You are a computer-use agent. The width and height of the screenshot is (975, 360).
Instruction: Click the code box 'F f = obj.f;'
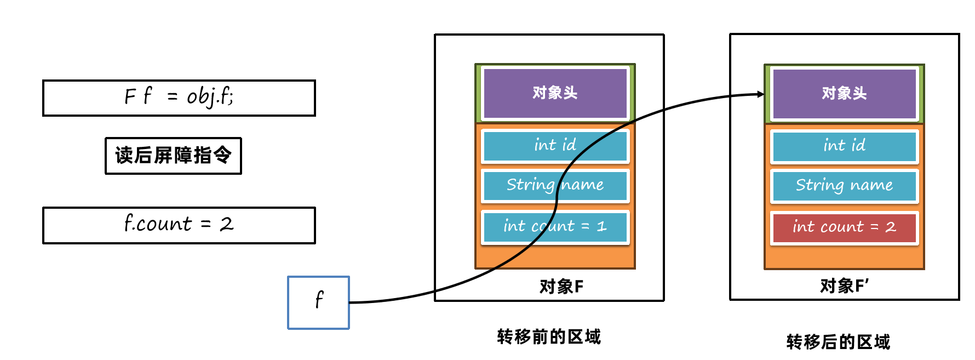click(x=179, y=98)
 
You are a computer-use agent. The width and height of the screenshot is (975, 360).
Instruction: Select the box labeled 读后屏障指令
click(x=173, y=156)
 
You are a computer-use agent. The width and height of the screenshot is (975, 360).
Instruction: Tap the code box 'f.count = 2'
click(x=179, y=225)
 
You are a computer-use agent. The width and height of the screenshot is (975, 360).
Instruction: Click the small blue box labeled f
click(x=318, y=302)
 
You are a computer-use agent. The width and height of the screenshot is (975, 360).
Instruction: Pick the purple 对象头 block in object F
click(x=555, y=93)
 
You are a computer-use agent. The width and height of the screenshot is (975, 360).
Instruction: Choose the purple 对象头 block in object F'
click(x=844, y=93)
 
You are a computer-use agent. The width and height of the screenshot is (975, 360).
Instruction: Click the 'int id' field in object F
click(x=555, y=145)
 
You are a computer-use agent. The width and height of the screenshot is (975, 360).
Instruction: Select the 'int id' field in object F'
click(x=844, y=146)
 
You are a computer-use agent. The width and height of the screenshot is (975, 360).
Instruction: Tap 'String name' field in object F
click(x=555, y=185)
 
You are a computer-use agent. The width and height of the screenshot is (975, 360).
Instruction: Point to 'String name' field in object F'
click(x=844, y=186)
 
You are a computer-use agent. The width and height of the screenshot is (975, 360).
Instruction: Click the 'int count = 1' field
click(x=555, y=226)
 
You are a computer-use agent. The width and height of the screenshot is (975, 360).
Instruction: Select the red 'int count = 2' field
click(x=844, y=227)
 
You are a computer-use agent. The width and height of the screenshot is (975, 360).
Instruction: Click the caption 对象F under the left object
click(x=561, y=286)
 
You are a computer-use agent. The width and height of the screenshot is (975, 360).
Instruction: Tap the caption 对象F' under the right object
click(x=844, y=285)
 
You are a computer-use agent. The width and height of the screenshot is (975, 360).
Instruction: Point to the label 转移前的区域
click(x=549, y=336)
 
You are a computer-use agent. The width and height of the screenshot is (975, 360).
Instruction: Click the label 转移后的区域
click(x=838, y=342)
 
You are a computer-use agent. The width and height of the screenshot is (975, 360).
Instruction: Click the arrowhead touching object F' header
click(x=760, y=94)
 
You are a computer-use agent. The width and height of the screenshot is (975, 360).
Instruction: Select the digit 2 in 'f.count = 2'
click(x=226, y=224)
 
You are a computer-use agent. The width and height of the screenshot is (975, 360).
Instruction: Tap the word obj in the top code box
click(x=200, y=97)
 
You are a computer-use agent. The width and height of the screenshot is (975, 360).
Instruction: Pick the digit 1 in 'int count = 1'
click(x=601, y=226)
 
